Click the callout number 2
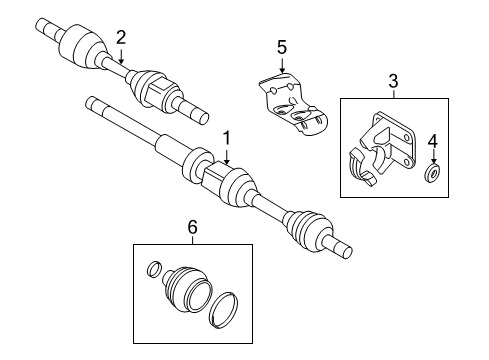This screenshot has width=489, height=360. click(x=121, y=37)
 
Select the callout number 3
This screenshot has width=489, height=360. click(x=393, y=80)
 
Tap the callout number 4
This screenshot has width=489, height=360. click(x=434, y=140)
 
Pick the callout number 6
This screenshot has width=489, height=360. click(x=192, y=229)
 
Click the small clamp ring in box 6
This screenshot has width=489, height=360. click(x=153, y=268)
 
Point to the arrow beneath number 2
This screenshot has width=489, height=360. click(x=121, y=56)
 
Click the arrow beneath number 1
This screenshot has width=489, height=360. click(x=227, y=156)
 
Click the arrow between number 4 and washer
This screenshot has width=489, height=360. click(x=434, y=157)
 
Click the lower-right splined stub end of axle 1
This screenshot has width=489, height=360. click(x=340, y=272)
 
